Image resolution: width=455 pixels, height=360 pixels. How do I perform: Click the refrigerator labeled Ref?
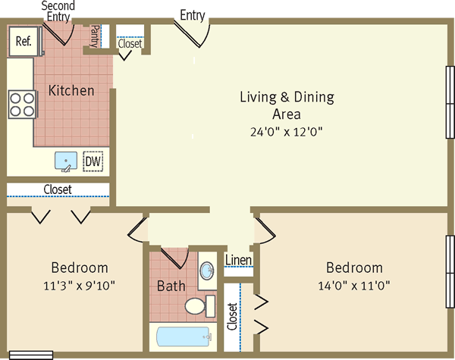coord(24,41)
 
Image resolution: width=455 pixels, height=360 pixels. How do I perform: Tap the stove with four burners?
coord(22,105)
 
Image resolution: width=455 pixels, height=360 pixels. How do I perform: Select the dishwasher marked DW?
coord(93,161)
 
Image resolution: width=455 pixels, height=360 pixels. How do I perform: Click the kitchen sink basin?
coord(66,161)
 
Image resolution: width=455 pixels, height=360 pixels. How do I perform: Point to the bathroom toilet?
coord(200,306)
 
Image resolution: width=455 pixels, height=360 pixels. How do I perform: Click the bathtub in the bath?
coord(183,337)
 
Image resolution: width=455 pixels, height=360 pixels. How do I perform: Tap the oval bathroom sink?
coord(207,271)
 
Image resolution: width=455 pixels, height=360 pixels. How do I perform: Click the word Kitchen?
coord(71,90)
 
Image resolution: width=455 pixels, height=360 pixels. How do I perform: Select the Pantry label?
coord(95,36)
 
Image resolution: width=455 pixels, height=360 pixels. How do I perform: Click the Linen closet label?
coord(238,260)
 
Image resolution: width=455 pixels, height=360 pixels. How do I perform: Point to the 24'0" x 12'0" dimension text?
coord(287,132)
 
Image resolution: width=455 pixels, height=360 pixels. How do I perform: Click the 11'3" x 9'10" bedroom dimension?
coord(79,286)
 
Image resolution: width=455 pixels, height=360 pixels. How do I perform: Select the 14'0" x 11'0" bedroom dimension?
coord(354,286)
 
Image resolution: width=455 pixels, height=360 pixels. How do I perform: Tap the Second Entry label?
coord(58,11)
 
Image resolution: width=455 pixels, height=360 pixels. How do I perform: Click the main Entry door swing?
coord(193,33)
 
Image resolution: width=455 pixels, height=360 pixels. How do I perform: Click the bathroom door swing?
coord(175,258)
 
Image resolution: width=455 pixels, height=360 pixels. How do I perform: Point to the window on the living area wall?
coord(450,102)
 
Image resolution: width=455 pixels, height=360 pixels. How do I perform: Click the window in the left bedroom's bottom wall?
coord(31,355)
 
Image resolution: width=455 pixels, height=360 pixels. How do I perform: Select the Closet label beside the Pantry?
coord(130,44)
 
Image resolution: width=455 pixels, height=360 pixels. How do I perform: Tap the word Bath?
coord(171,286)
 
